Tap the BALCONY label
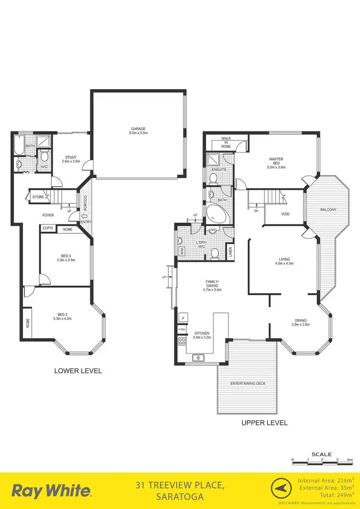(328, 210)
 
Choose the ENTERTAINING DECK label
(248, 384)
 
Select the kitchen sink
(198, 357)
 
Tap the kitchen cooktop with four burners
(182, 342)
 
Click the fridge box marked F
(182, 318)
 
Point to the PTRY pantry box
(182, 330)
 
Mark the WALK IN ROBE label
(226, 142)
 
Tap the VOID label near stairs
(285, 214)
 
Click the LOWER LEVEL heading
(78, 371)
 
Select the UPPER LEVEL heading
(264, 423)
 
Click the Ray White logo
(51, 491)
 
